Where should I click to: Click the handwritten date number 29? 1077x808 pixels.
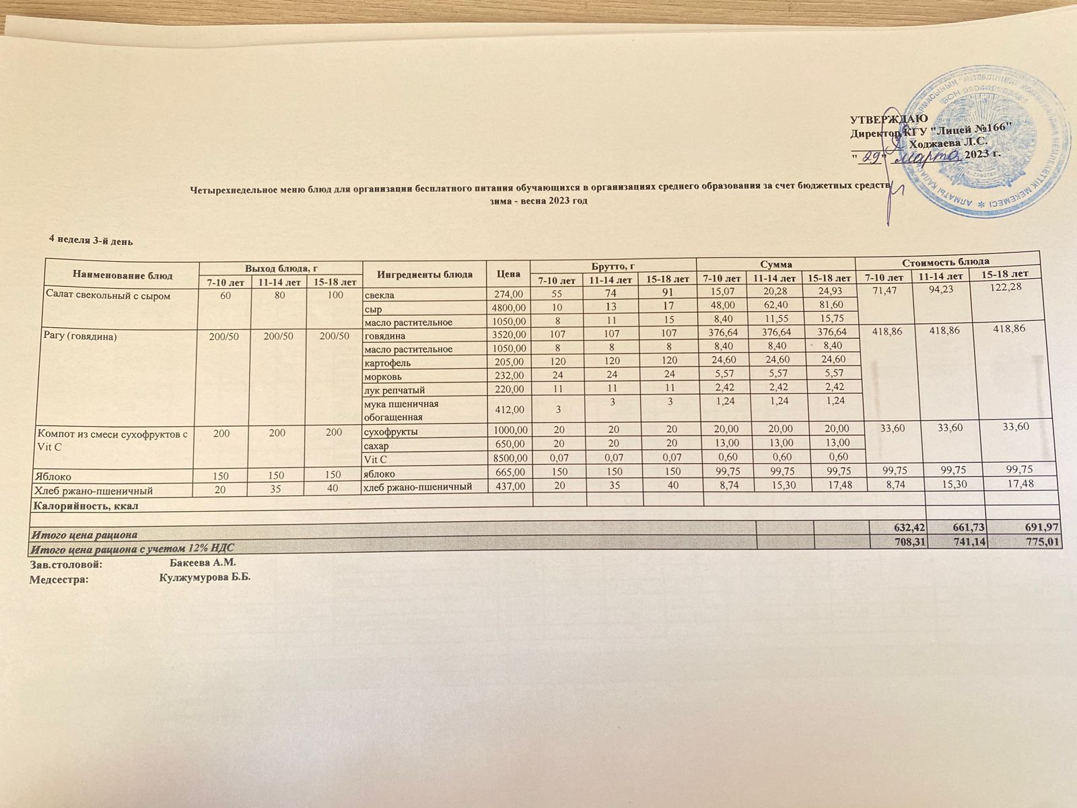(872, 157)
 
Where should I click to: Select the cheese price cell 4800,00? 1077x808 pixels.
(508, 308)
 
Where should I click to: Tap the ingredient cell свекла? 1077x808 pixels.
(378, 295)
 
